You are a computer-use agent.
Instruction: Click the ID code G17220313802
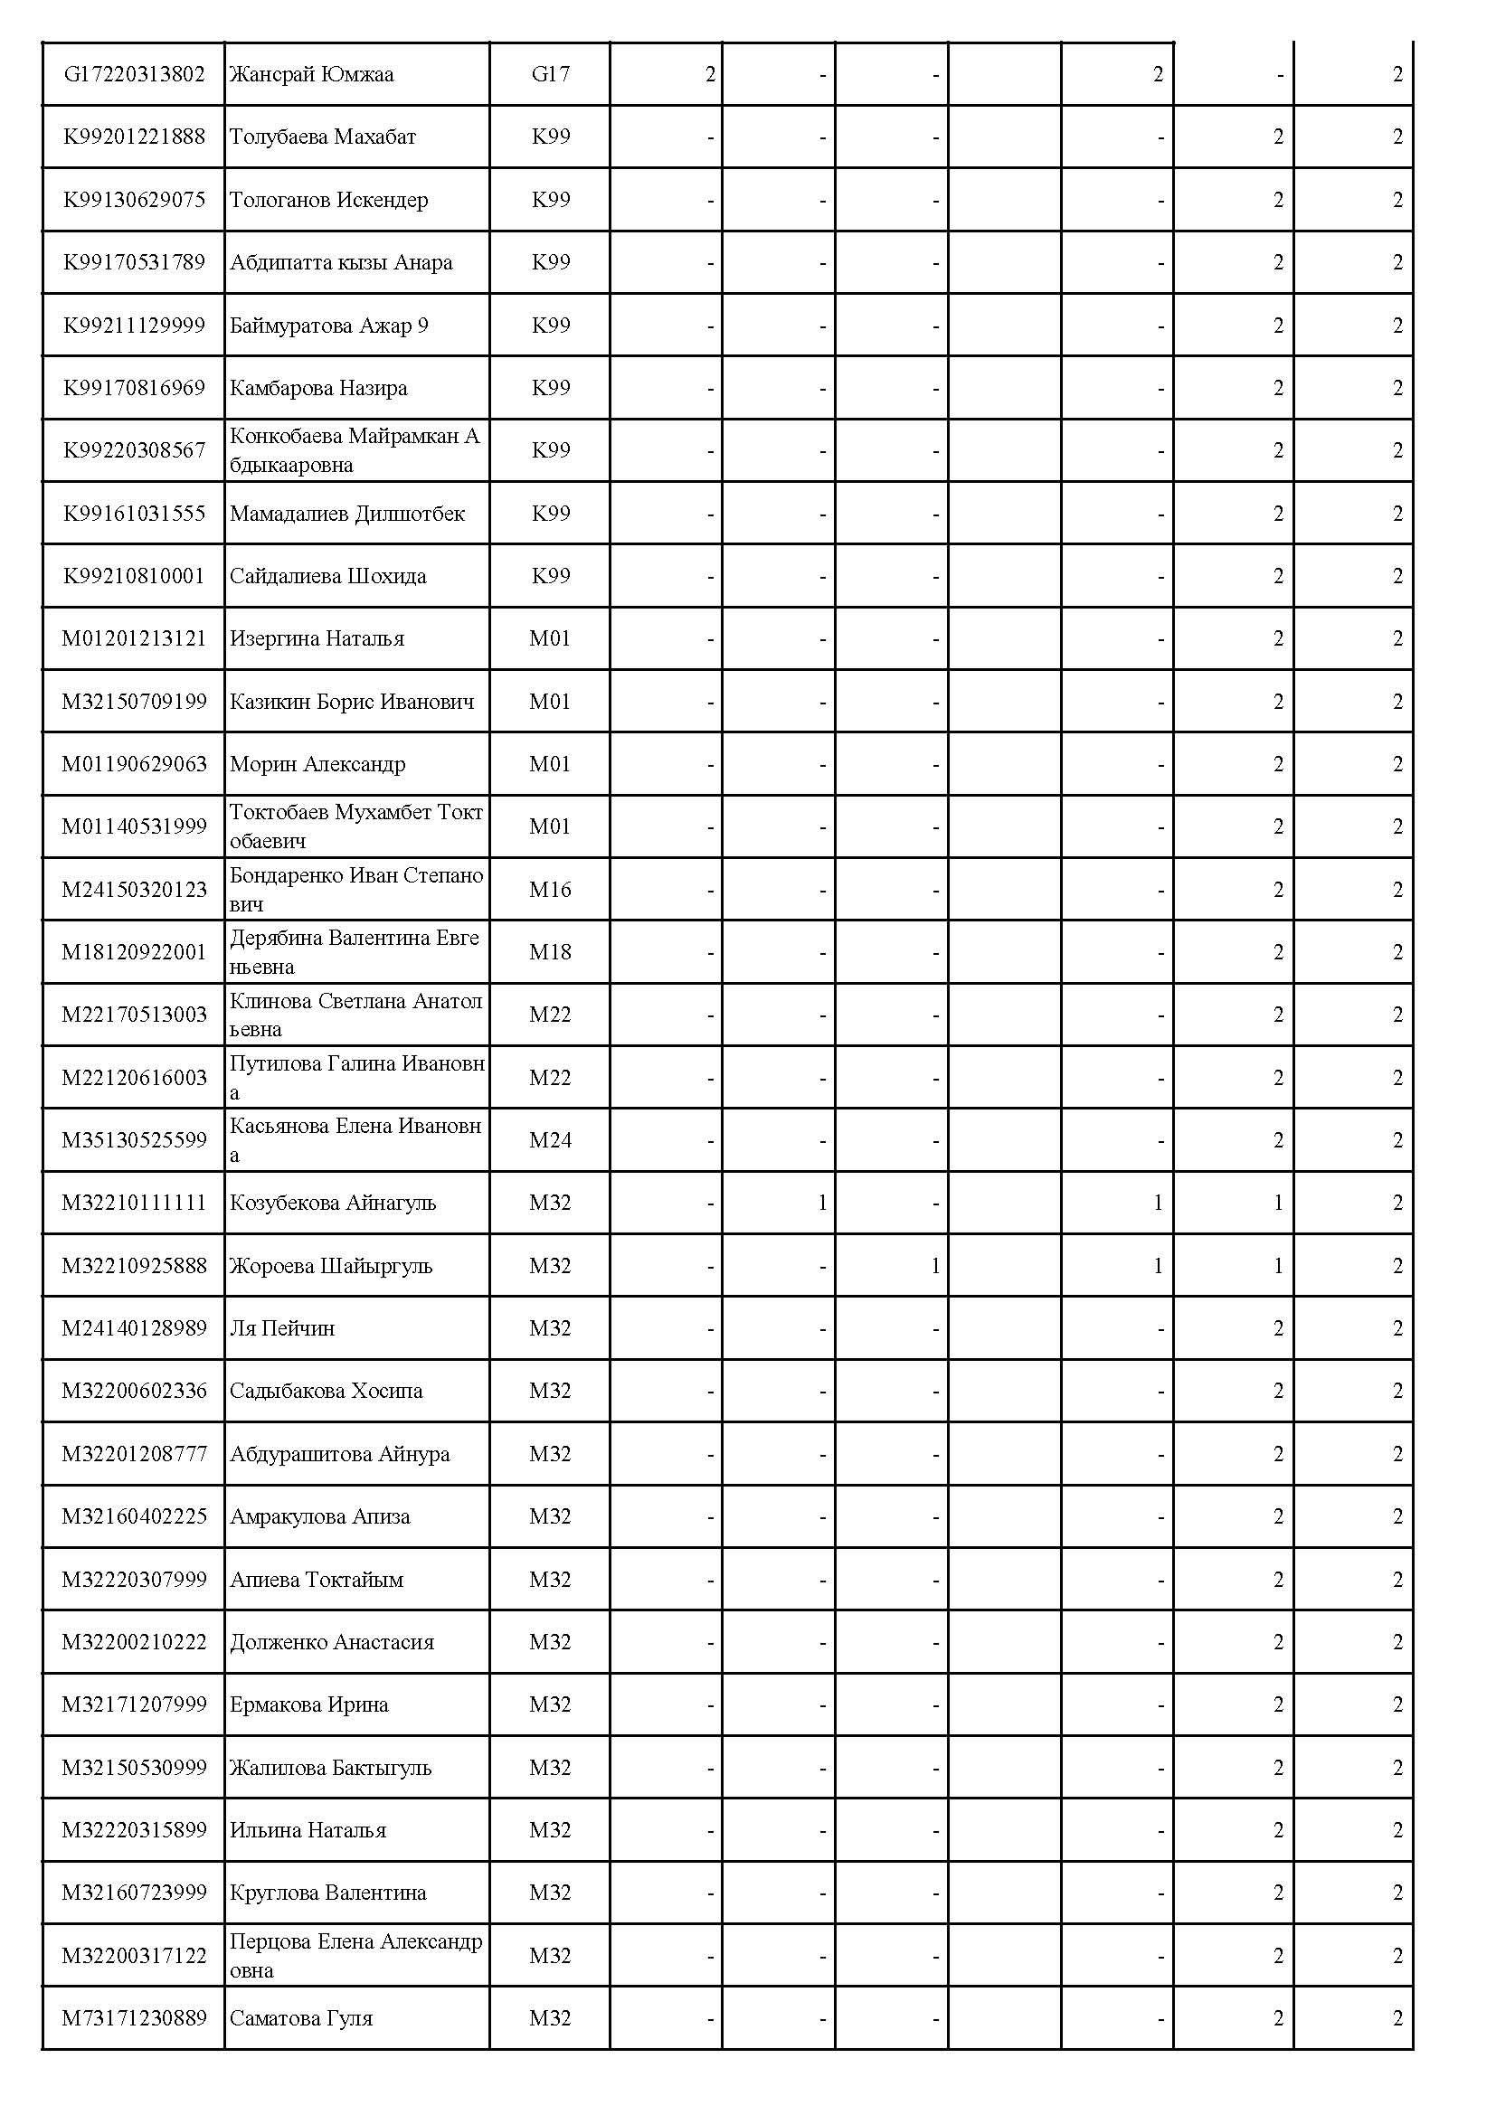pyautogui.click(x=135, y=73)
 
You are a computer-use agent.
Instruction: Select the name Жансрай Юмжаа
pyautogui.click(x=311, y=73)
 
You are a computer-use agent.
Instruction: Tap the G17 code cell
pyautogui.click(x=550, y=73)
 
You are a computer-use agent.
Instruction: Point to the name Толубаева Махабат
pyautogui.click(x=322, y=137)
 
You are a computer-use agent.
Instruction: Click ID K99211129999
pyautogui.click(x=135, y=326)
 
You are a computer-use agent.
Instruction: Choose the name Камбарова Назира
pyautogui.click(x=318, y=388)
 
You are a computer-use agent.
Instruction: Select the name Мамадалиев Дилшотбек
pyautogui.click(x=347, y=513)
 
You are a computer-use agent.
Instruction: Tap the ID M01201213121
pyautogui.click(x=135, y=638)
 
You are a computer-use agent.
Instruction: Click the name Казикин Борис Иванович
pyautogui.click(x=352, y=702)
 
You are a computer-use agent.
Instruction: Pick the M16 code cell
pyautogui.click(x=550, y=890)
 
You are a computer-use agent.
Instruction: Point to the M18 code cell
pyautogui.click(x=550, y=952)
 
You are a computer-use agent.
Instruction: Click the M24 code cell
pyautogui.click(x=550, y=1140)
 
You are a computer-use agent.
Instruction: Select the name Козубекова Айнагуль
pyautogui.click(x=333, y=1203)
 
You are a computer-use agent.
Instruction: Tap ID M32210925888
pyautogui.click(x=135, y=1266)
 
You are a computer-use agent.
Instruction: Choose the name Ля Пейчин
pyautogui.click(x=282, y=1328)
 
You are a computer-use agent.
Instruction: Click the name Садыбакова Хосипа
pyautogui.click(x=327, y=1391)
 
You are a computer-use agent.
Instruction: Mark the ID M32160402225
pyautogui.click(x=135, y=1516)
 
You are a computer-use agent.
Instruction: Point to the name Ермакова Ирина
pyautogui.click(x=308, y=1704)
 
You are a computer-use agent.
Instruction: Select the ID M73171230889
pyautogui.click(x=135, y=2018)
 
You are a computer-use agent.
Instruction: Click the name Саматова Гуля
pyautogui.click(x=301, y=2018)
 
